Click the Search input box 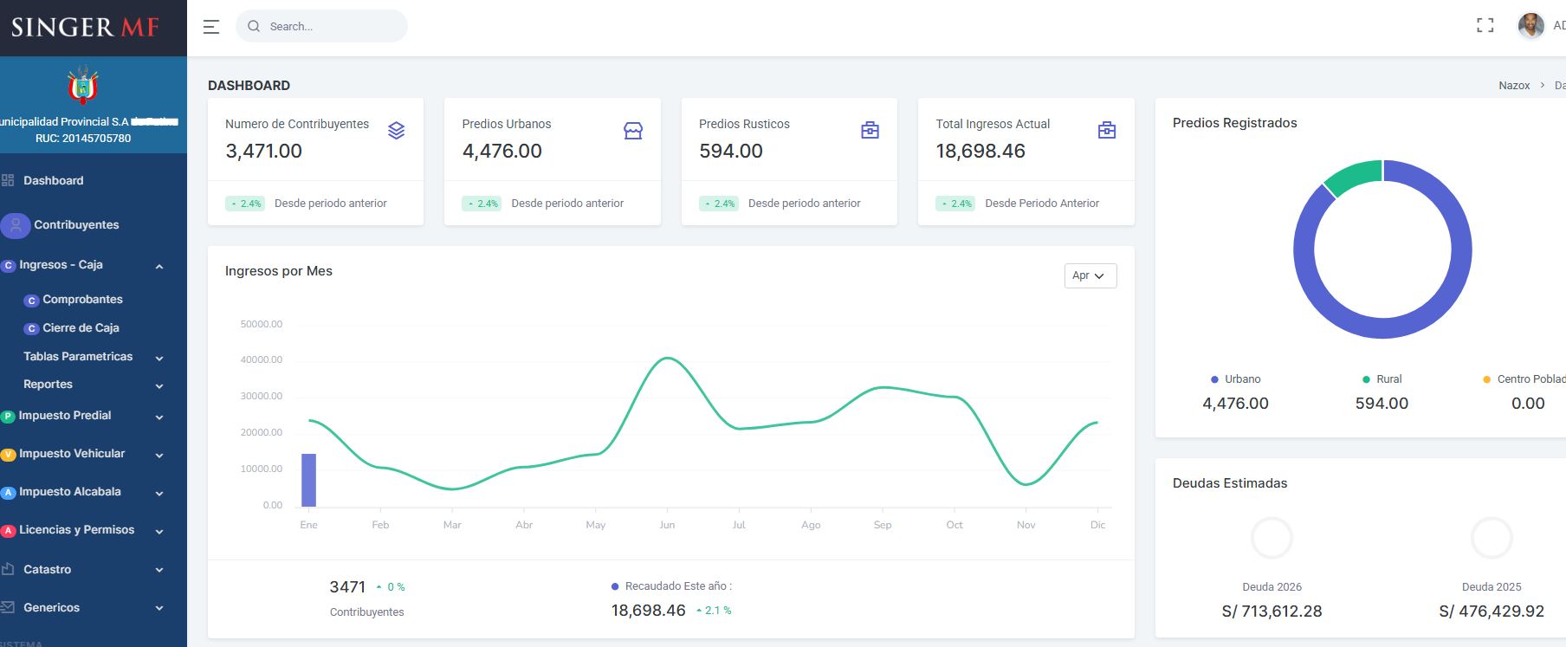click(329, 27)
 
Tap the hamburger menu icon click(211, 27)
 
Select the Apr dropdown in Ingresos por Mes click(1090, 275)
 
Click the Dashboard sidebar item click(53, 181)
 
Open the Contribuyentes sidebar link click(76, 225)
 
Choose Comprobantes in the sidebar click(82, 300)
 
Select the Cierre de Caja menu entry click(81, 328)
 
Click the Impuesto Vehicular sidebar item click(72, 454)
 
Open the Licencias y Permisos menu click(76, 530)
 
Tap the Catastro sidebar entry click(47, 570)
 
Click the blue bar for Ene click(308, 480)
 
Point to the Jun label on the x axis click(667, 525)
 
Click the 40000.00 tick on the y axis click(262, 359)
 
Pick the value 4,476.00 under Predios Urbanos click(502, 152)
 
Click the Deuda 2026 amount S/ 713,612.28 click(1272, 611)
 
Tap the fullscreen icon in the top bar click(1485, 26)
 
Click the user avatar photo click(1530, 26)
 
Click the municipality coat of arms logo click(83, 86)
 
